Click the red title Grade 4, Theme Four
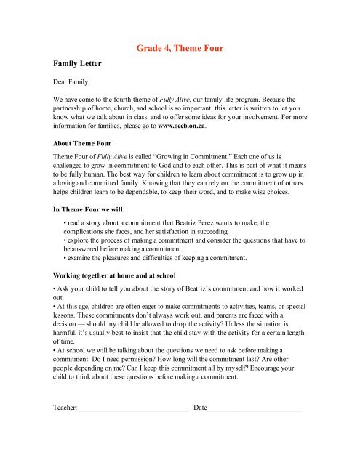pyautogui.click(x=180, y=49)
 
